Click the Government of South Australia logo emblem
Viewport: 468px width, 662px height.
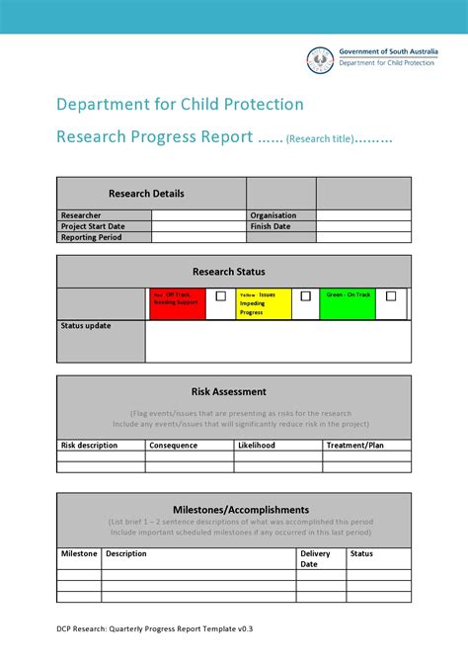point(319,60)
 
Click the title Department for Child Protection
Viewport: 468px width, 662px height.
point(180,105)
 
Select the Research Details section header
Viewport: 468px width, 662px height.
point(146,194)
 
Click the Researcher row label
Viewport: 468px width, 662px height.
point(81,215)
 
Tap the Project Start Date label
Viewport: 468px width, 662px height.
point(93,226)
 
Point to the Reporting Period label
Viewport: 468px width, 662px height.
point(91,237)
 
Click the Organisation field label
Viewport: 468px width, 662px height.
point(273,215)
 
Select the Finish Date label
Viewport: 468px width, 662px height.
point(270,226)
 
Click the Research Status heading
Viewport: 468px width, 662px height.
point(228,272)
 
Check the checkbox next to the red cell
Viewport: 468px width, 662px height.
point(220,295)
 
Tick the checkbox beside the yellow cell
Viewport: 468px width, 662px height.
point(305,295)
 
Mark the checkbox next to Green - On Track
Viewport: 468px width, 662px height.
point(391,295)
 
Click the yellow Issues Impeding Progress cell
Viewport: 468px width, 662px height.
point(264,303)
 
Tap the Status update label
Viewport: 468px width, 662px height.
point(86,326)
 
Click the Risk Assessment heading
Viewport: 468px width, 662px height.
point(228,391)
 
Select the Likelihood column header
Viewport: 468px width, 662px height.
point(257,446)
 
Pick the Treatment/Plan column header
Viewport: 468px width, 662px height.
point(354,446)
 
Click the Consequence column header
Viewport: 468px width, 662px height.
point(174,446)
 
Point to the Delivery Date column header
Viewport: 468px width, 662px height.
point(316,559)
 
